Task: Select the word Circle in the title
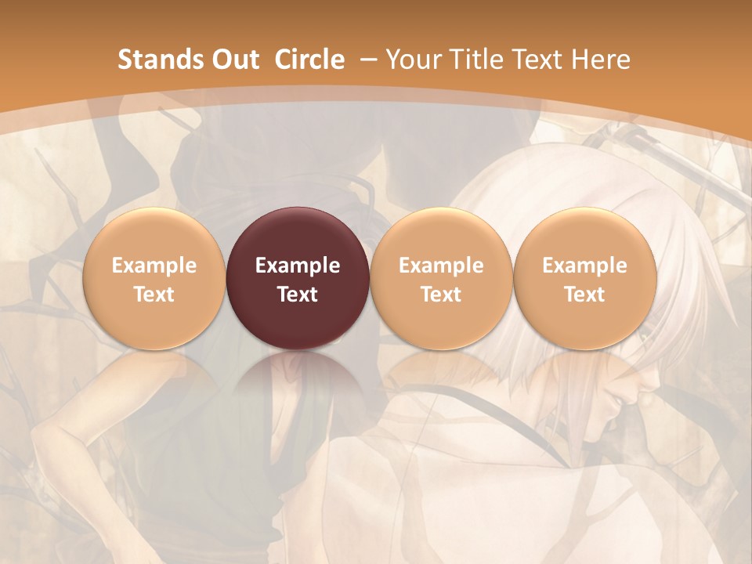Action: click(x=309, y=60)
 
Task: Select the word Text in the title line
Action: click(x=541, y=60)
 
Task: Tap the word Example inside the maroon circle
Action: click(x=298, y=266)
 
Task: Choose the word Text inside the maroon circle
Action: click(x=298, y=295)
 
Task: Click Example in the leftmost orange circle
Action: click(x=154, y=266)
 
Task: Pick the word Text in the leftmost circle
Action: click(x=154, y=295)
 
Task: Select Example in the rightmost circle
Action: click(x=585, y=266)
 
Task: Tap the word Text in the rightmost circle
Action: click(x=585, y=295)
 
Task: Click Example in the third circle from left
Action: click(x=441, y=266)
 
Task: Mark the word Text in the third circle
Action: click(x=441, y=295)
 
